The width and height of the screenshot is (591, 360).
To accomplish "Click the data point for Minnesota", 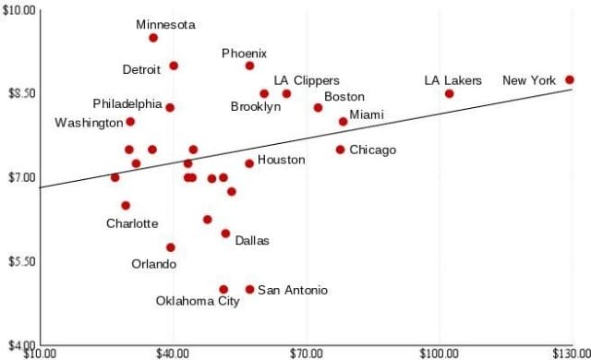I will (x=153, y=38).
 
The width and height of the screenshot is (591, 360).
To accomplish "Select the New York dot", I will (x=570, y=80).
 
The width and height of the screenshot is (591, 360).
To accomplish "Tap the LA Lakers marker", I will (x=449, y=94).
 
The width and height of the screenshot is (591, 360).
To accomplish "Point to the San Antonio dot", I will (x=249, y=290).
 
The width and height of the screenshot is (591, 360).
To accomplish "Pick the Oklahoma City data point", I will (x=223, y=290).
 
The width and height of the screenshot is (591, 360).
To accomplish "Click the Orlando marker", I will (x=171, y=247).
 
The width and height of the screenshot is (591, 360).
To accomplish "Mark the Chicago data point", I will (x=340, y=150).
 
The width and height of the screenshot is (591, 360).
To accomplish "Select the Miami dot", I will (x=343, y=122).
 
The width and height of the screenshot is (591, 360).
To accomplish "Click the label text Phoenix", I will (x=244, y=54).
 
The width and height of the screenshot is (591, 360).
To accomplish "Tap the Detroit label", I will (x=142, y=69).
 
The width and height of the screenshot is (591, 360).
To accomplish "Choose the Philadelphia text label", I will (x=127, y=103).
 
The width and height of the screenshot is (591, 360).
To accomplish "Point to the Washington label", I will (x=89, y=123).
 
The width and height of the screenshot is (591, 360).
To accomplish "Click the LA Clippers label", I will (x=307, y=81).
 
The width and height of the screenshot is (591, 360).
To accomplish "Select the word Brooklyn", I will (x=256, y=107).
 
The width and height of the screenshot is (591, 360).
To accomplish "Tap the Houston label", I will (x=281, y=160).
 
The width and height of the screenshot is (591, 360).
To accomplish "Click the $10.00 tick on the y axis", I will (x=18, y=9).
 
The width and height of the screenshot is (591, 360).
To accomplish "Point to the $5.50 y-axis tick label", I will (x=18, y=261).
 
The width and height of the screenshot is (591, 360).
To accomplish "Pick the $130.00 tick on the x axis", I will (x=571, y=353).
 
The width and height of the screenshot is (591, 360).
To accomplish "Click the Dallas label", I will (x=252, y=241).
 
